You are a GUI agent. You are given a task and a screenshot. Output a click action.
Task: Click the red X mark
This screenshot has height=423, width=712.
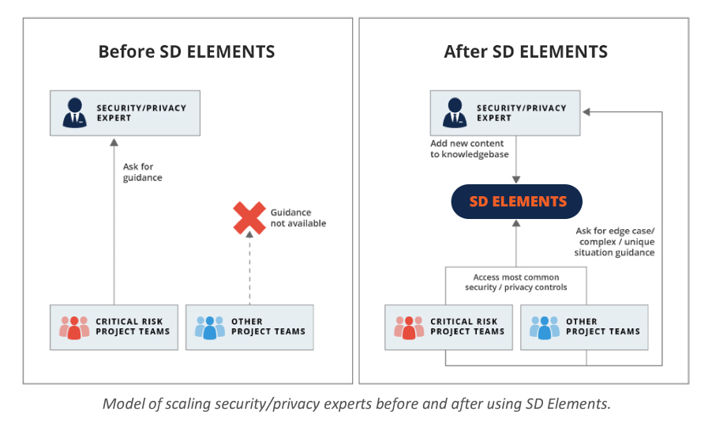point(249,218)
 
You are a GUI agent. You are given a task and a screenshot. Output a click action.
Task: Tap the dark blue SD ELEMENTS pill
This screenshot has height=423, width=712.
point(516,202)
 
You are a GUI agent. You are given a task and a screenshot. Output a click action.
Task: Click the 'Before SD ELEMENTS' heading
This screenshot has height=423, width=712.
point(186,52)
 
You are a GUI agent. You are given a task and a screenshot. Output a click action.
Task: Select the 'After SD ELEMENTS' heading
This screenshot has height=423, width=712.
point(526,52)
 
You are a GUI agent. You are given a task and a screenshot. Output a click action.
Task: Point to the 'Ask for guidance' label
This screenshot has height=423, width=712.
point(142,172)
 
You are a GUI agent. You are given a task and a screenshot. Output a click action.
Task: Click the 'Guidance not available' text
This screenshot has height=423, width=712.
point(298,218)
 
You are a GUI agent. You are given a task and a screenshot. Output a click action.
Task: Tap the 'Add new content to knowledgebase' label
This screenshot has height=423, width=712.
point(470,149)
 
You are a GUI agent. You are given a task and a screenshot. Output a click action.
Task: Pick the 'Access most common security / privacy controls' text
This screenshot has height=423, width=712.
point(515,282)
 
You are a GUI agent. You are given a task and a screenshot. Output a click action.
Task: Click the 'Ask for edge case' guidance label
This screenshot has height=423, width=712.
point(615,241)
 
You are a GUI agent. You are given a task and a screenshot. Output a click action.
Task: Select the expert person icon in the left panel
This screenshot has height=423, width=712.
point(74,112)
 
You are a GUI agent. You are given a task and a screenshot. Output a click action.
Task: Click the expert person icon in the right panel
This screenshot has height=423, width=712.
point(455,112)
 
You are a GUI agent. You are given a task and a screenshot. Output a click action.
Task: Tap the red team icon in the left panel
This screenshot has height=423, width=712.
point(74,328)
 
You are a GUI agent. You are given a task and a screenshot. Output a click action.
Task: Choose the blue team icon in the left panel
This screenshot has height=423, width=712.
point(210,328)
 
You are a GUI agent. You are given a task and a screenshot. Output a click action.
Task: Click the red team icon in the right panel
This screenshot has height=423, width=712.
point(409,328)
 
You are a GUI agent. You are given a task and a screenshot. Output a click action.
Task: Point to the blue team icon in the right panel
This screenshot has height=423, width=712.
point(545,328)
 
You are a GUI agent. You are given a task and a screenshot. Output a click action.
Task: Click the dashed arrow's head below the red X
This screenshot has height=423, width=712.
point(249,234)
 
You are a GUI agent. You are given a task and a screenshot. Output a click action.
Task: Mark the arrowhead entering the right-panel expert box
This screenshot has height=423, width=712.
point(586,112)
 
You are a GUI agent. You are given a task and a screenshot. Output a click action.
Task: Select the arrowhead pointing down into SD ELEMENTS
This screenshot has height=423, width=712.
point(516,179)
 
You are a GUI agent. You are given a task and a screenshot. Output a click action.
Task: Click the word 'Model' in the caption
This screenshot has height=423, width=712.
point(118,404)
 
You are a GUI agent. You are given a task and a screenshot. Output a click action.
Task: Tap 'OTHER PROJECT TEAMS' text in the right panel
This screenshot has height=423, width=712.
point(603,327)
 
